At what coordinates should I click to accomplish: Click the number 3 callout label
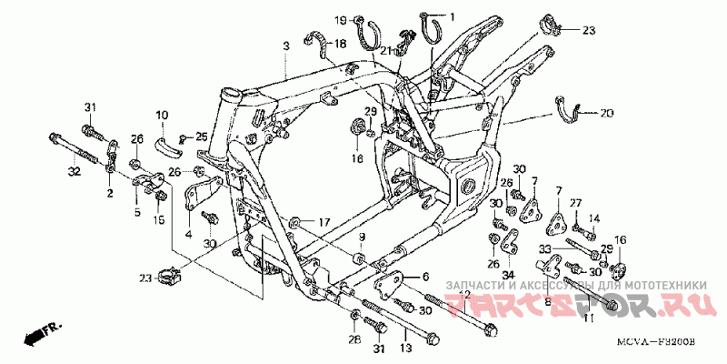point(285,45)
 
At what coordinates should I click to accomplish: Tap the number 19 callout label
point(340,20)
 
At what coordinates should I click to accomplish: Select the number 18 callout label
point(340,44)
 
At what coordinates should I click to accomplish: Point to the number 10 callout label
point(162,115)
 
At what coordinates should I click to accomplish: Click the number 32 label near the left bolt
point(74,171)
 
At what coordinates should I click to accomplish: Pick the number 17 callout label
point(324,222)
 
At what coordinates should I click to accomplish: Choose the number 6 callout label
point(423,277)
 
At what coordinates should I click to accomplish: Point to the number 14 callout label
point(595,217)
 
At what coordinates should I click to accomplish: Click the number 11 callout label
point(588,318)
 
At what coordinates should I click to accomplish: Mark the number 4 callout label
point(189,234)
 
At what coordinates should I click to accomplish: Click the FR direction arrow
point(36,332)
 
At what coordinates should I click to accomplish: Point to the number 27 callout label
point(575,202)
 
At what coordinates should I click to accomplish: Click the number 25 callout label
point(202,136)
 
